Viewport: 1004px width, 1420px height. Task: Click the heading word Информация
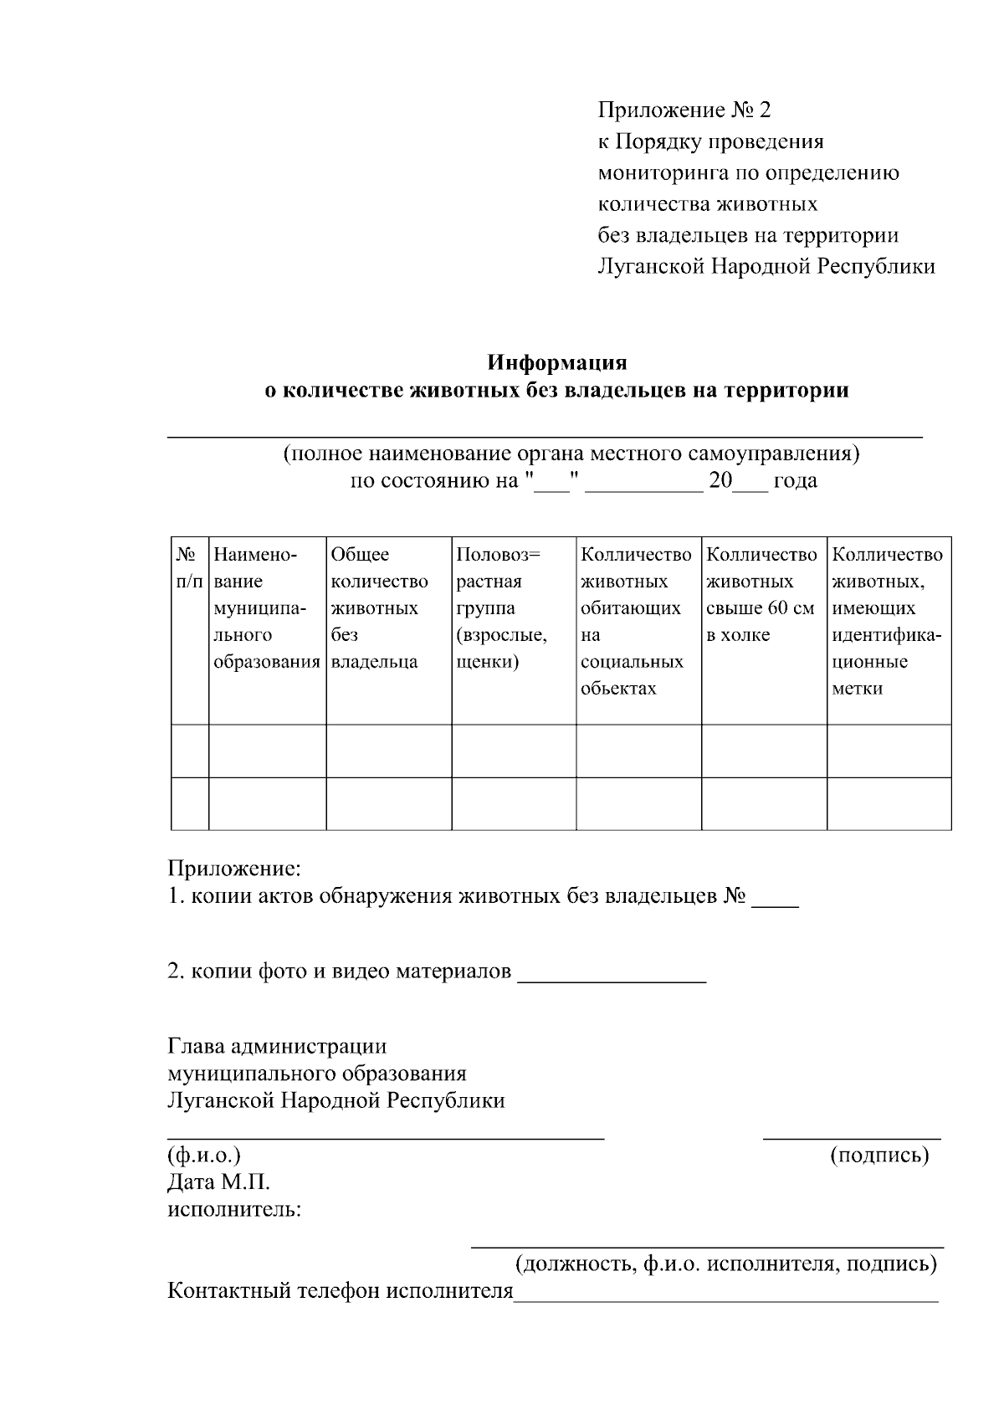(557, 363)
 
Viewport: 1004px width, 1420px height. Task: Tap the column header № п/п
(189, 567)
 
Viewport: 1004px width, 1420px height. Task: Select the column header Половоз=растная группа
(502, 607)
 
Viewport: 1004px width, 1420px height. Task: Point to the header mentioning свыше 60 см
(761, 594)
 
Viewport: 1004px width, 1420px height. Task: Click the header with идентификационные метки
(888, 621)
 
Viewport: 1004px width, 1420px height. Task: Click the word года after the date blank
(795, 481)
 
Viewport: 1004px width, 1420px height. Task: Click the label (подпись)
(878, 1156)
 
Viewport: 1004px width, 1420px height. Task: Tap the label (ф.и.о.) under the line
(204, 1156)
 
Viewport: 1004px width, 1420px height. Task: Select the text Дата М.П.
(218, 1182)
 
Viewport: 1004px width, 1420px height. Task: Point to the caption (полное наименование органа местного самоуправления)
(571, 454)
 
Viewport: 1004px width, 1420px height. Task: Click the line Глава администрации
(277, 1046)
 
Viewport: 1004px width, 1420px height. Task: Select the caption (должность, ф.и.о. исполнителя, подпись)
(725, 1263)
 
